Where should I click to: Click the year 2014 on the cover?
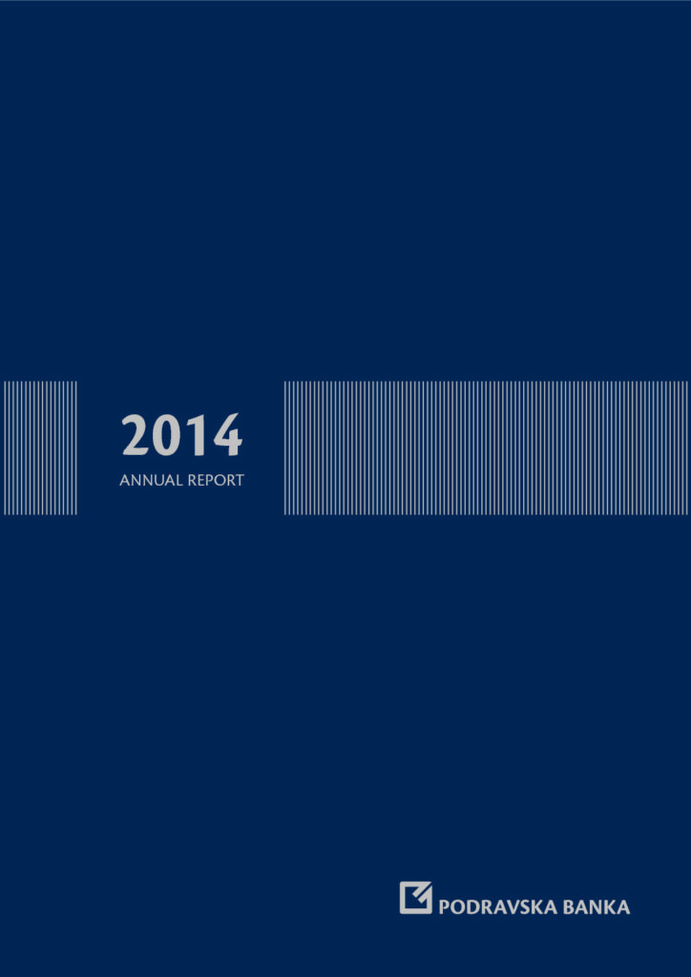(181, 435)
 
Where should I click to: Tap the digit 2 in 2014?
(136, 435)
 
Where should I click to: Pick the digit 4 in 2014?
(227, 435)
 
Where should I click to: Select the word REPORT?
(217, 481)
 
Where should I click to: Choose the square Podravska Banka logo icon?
(415, 897)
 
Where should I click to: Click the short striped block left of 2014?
(40, 448)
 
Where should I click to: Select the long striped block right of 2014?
(486, 448)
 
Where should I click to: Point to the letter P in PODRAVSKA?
(445, 907)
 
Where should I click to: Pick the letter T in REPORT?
(240, 481)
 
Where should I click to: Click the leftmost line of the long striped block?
(285, 448)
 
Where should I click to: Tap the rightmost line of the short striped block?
(76, 448)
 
